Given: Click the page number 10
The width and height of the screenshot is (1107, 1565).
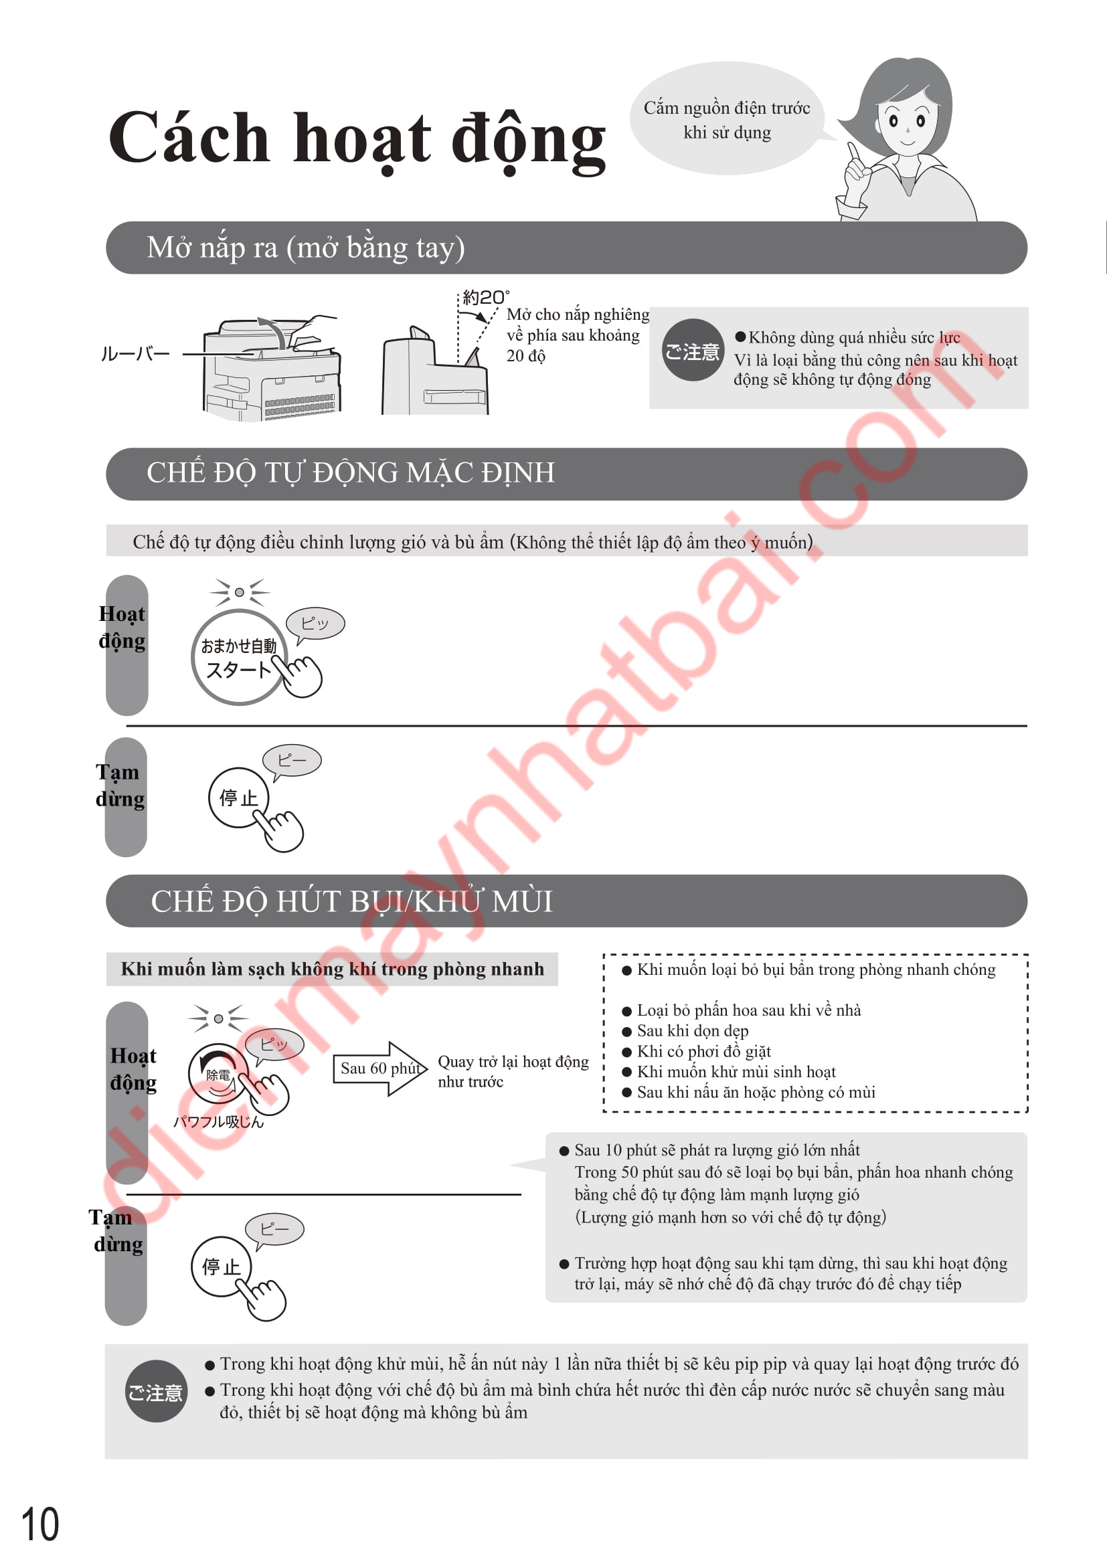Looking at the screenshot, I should pos(40,1524).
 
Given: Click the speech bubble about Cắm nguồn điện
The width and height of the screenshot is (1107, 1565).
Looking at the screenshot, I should pos(727,119).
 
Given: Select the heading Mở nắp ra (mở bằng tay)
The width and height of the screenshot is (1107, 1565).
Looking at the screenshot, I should pos(305,248).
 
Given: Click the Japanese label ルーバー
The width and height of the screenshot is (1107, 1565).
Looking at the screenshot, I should pos(135,354).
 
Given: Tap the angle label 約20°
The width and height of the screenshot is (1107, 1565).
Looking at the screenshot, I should pos(485,297).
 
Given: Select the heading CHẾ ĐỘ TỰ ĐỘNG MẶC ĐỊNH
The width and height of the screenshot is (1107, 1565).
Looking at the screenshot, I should pos(350,473).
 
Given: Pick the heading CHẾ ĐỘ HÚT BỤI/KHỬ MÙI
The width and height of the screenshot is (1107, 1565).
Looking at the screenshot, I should pos(352,901).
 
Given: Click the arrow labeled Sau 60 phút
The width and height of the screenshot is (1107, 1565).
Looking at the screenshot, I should pos(379,1068).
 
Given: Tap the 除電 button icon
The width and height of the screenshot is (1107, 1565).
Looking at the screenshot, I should pos(218,1075).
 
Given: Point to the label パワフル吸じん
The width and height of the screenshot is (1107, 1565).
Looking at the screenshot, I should pos(218,1121).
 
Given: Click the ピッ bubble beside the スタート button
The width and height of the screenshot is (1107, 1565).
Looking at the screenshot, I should pos(315,623).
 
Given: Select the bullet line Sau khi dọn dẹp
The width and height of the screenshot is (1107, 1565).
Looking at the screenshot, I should pos(692,1030).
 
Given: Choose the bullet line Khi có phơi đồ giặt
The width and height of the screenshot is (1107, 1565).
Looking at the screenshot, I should pos(703,1051).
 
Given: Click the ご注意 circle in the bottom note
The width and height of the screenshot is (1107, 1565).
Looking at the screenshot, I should pos(156,1391).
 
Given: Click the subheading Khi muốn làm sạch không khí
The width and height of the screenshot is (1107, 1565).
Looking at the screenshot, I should pos(332,969).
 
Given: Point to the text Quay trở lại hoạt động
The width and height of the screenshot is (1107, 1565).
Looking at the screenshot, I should pos(513,1062).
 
